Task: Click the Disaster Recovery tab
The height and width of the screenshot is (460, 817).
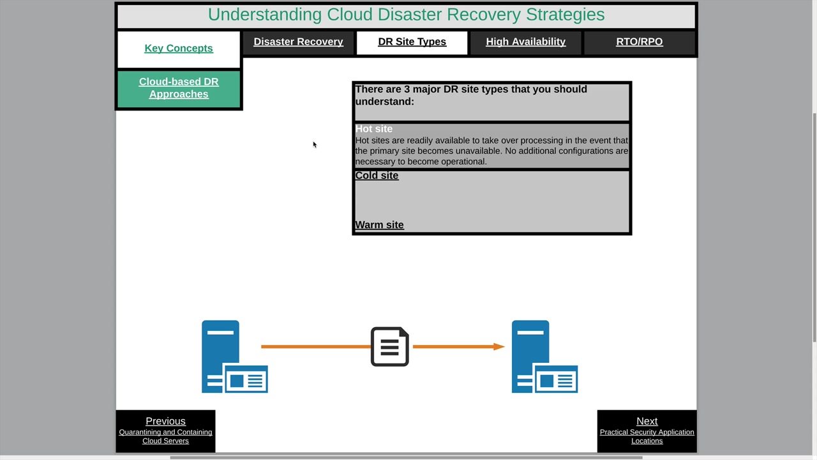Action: coord(298,42)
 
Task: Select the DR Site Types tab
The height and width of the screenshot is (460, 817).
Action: coord(412,42)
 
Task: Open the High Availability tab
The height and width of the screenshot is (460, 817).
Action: coord(525,42)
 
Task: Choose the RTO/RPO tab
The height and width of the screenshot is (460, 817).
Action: coord(639,42)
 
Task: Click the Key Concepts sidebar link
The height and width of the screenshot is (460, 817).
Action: coord(179,49)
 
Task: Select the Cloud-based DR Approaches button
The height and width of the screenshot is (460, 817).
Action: coord(179,88)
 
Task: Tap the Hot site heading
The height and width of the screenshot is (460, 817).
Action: coord(373,129)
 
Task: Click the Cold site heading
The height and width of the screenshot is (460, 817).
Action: coord(377,176)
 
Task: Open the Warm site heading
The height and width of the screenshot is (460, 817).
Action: coord(379,225)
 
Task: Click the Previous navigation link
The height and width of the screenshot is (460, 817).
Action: coord(165,421)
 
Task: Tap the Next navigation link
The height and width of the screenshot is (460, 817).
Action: coord(647,421)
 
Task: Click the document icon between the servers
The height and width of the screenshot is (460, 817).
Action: coord(389,347)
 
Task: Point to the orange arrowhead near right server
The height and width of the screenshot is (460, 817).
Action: coord(498,346)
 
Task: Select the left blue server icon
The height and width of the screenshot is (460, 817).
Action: coord(234,356)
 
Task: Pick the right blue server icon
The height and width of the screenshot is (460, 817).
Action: coord(544,356)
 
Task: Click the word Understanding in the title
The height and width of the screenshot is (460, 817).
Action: coord(265,15)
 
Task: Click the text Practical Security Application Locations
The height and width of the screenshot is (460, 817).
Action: coord(647,436)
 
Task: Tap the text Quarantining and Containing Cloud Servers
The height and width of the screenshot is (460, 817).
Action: coord(165,436)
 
